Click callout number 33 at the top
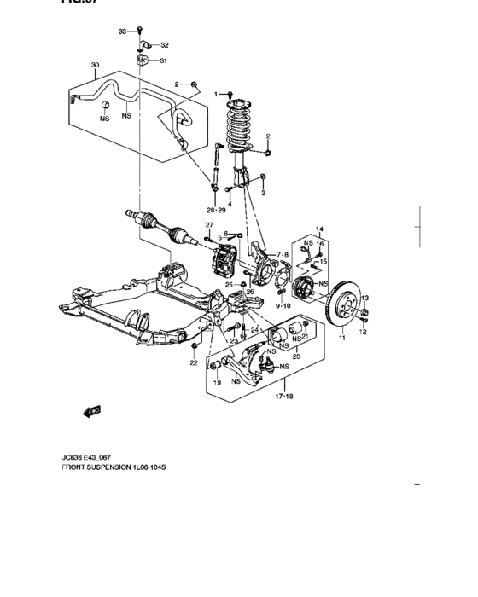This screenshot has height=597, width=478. (x=122, y=32)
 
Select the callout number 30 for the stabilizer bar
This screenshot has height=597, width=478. (x=95, y=65)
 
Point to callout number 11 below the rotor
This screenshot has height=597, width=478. (x=343, y=339)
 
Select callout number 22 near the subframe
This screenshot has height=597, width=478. (x=194, y=363)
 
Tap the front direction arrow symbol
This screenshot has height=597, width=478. (x=92, y=411)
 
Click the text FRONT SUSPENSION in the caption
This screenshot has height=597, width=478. (x=95, y=467)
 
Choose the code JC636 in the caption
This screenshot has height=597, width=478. (x=74, y=456)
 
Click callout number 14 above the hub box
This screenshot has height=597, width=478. (x=321, y=230)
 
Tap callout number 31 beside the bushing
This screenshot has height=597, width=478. (x=164, y=61)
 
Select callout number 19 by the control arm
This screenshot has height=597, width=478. (x=217, y=383)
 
